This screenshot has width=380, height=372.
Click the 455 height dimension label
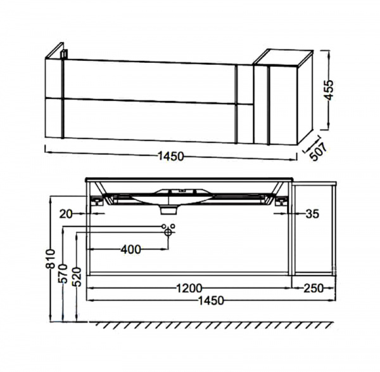329,90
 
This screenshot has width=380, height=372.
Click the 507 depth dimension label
319,152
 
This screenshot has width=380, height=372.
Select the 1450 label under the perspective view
171,156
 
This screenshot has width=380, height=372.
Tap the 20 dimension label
66,214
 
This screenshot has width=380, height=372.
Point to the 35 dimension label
312,214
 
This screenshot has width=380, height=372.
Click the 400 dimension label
131,249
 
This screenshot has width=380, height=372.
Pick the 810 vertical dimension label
51,258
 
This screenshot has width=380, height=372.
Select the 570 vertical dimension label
63,274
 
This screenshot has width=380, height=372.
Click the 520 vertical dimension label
77,277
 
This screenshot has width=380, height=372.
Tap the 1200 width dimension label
189,288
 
